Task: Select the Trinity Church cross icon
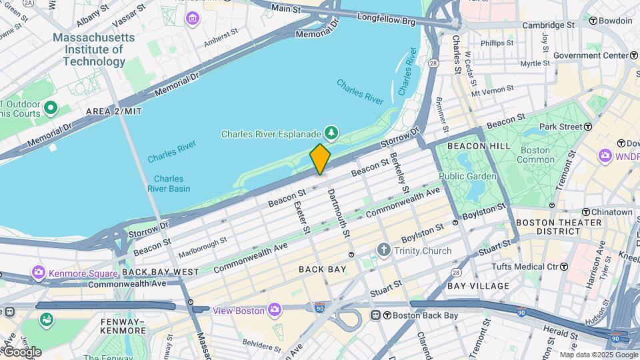(x=383, y=251)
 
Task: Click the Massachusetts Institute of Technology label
(x=94, y=49)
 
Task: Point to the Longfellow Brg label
(x=386, y=21)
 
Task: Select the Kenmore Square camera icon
(x=38, y=272)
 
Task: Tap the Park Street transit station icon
(x=587, y=127)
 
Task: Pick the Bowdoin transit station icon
(x=592, y=21)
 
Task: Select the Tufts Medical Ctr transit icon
(x=564, y=267)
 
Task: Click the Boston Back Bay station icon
(x=376, y=315)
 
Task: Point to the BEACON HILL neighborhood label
(x=479, y=145)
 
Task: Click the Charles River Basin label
(x=169, y=183)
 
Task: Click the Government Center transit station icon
(x=634, y=55)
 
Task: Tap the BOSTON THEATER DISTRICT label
(x=547, y=227)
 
